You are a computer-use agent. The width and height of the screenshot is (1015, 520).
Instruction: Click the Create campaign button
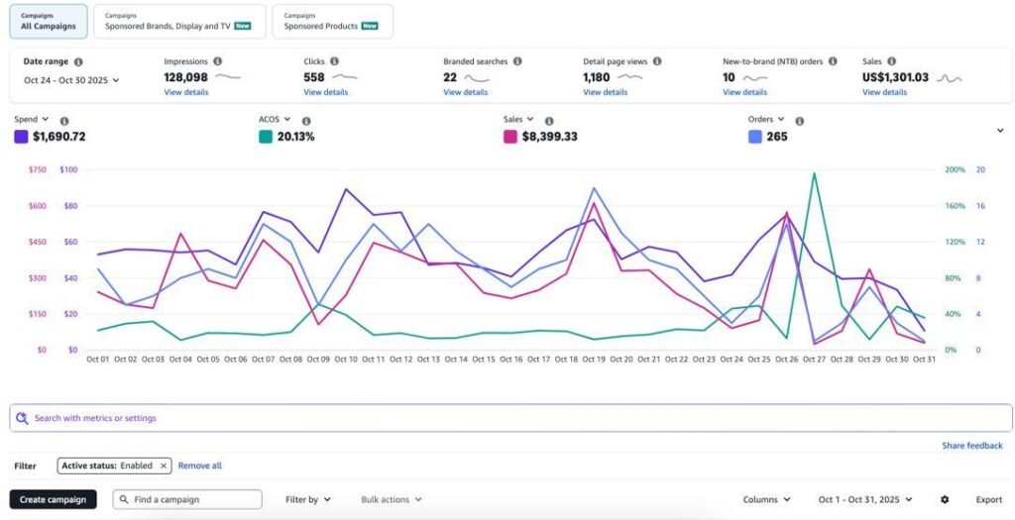(53, 499)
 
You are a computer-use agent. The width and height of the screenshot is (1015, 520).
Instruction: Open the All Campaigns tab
(48, 21)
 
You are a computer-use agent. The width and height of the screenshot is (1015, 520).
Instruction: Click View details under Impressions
(186, 92)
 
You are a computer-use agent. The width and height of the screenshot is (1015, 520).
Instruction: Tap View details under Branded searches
(465, 92)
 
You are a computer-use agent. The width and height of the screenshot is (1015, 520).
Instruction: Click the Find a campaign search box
(187, 499)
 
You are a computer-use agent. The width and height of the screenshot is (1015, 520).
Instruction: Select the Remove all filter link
(200, 466)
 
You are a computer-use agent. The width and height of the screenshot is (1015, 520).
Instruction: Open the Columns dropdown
(766, 499)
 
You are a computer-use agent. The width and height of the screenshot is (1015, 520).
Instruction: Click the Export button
(988, 499)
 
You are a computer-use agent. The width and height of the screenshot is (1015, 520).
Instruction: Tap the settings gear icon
(945, 499)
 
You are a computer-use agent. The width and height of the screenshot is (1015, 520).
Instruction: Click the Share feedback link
(971, 446)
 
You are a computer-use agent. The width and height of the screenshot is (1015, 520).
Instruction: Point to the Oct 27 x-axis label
(814, 359)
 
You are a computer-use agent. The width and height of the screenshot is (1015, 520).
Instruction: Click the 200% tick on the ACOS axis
(954, 169)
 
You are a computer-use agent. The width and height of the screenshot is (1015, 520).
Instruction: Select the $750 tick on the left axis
(37, 169)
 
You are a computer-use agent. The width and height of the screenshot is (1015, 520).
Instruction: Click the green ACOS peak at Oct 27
(814, 173)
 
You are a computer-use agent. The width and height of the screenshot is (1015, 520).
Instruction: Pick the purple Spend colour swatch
(21, 137)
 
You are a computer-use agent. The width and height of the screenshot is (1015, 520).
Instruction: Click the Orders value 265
(776, 137)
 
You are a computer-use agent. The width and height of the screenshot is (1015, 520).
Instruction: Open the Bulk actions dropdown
(391, 499)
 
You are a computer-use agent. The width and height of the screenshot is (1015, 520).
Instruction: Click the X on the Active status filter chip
(165, 466)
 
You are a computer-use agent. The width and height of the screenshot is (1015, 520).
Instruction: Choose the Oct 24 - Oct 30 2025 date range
(71, 80)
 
